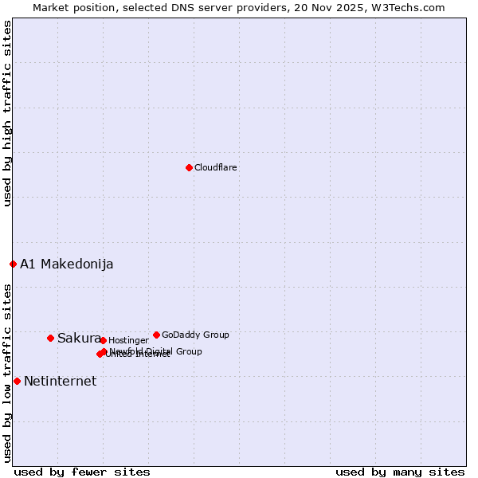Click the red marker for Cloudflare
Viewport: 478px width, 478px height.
(189, 167)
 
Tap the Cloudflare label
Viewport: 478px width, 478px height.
(216, 167)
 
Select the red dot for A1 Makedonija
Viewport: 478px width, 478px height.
(13, 264)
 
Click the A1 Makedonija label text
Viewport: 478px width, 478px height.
(67, 264)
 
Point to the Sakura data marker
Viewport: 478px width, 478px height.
(50, 338)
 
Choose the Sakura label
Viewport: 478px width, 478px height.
(79, 338)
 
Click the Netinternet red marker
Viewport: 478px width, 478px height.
(17, 381)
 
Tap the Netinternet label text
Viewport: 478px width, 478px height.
(61, 381)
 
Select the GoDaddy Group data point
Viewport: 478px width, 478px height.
(156, 335)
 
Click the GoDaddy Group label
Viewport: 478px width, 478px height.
(195, 335)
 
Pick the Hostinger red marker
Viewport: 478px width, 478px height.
(103, 340)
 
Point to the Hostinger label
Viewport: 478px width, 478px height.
(128, 340)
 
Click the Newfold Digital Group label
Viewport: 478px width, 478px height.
(156, 351)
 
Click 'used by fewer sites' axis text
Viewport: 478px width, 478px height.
(82, 472)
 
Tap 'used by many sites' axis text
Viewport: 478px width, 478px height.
(400, 472)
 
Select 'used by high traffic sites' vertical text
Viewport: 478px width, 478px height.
(7, 113)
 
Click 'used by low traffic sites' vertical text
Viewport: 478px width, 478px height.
(7, 373)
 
